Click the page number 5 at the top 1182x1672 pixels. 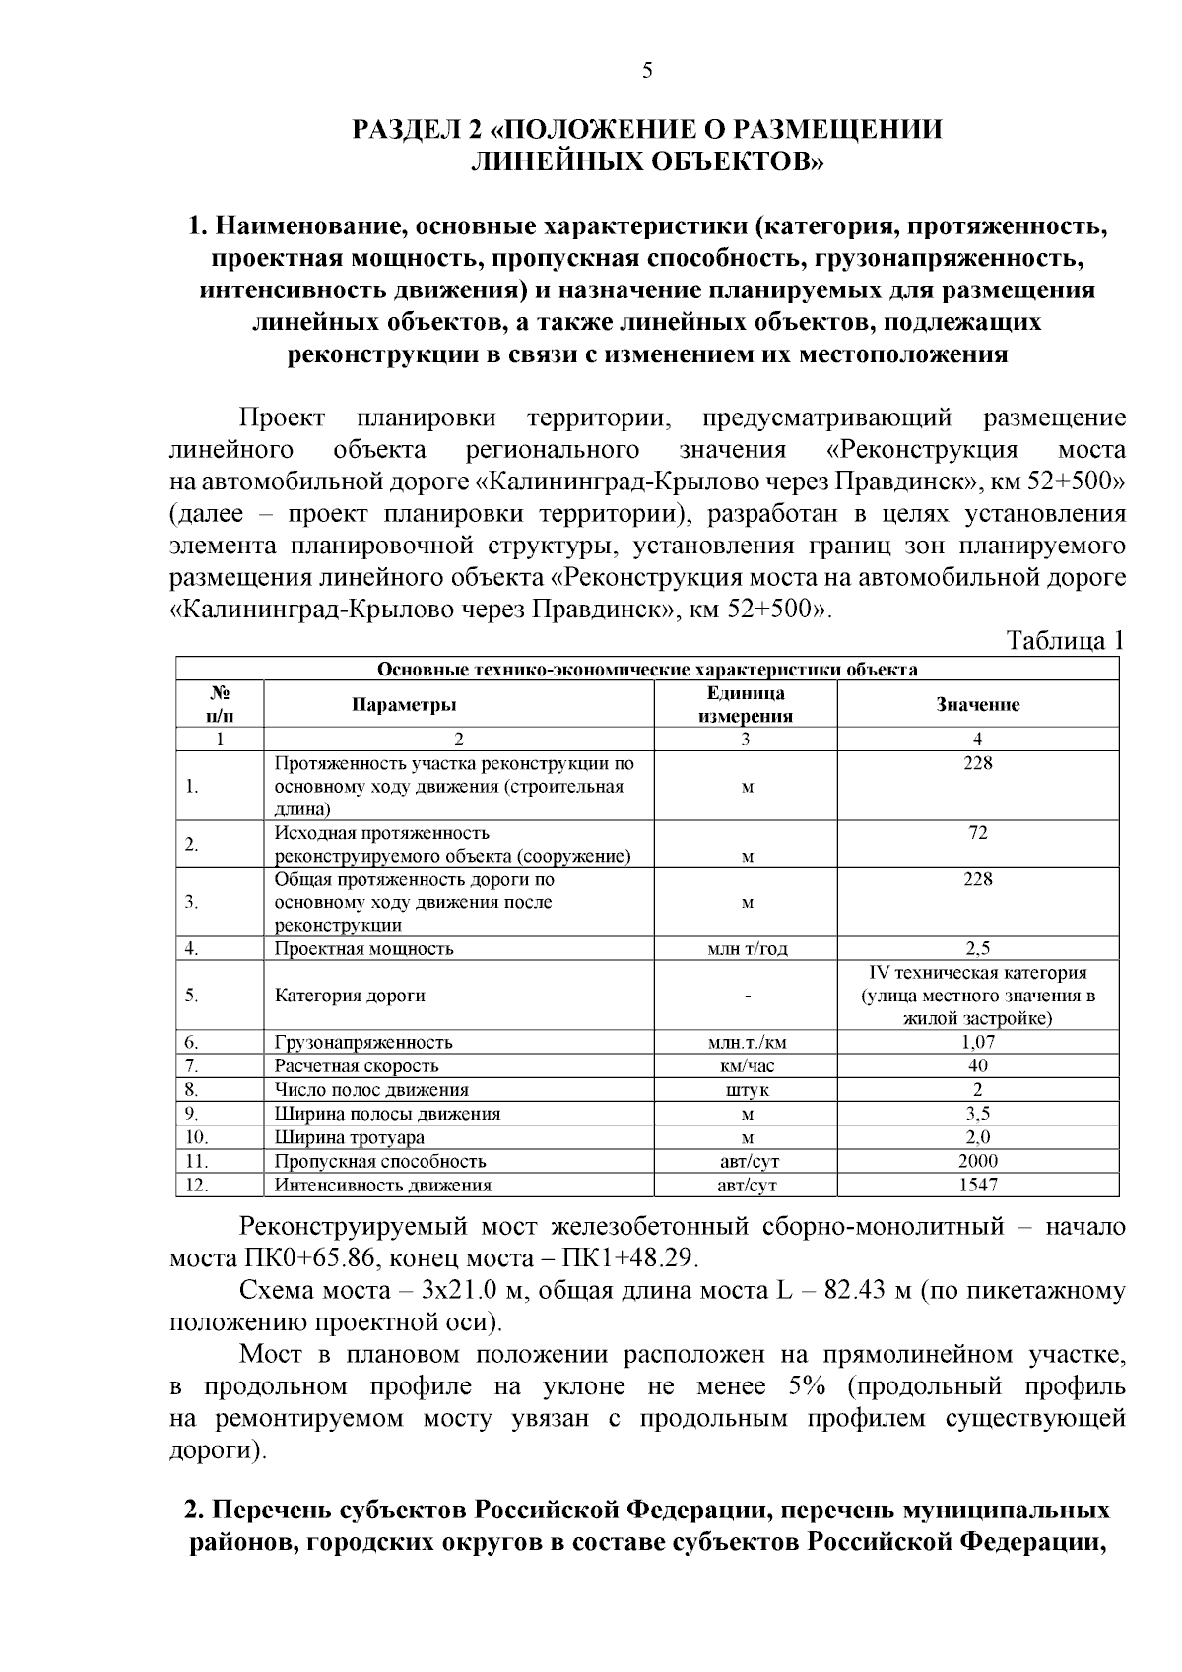click(647, 70)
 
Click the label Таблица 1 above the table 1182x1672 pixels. click(1064, 641)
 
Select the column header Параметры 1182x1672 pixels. click(404, 705)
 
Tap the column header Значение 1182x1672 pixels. click(977, 705)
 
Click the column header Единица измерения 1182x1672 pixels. click(746, 705)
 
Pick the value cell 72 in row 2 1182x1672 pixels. click(977, 833)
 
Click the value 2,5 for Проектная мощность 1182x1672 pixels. click(977, 948)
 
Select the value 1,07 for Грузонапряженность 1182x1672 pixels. click(977, 1042)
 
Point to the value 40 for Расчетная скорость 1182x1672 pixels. click(977, 1065)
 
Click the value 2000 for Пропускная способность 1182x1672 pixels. click(977, 1161)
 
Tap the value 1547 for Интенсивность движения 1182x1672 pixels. click(977, 1185)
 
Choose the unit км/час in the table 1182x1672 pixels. click(746, 1065)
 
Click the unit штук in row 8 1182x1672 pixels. click(746, 1090)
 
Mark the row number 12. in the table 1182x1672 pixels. click(197, 1185)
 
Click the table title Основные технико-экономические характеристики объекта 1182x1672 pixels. click(647, 670)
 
